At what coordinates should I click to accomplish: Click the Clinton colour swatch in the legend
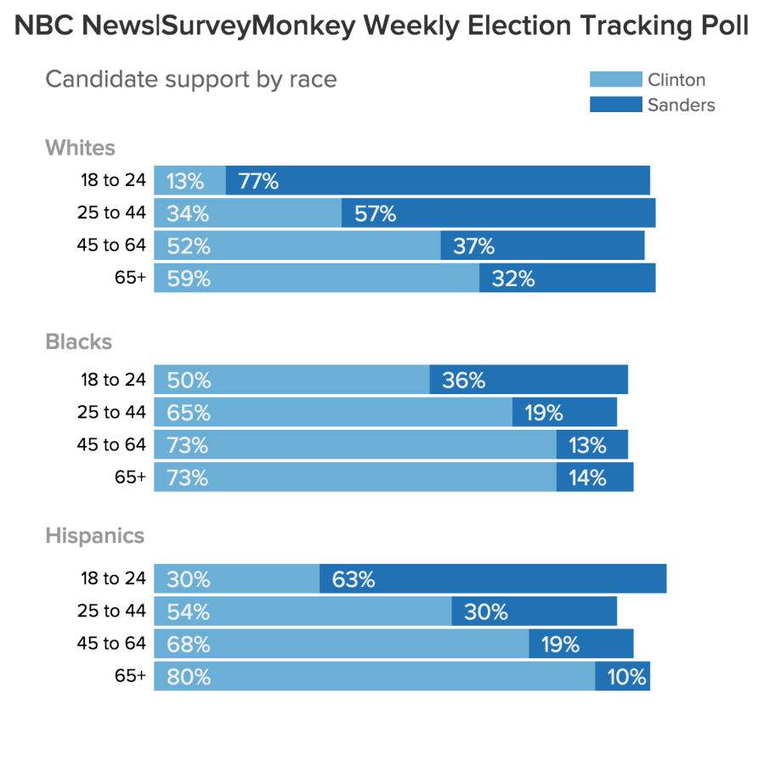coord(615,80)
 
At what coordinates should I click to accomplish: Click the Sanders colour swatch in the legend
coord(615,105)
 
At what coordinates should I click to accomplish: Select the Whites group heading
coord(80,148)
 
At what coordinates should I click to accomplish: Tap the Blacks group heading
coord(78,341)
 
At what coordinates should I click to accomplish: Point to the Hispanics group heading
coord(94,536)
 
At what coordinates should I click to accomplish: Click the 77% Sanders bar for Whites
coord(438,181)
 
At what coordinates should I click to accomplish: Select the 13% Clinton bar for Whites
coord(190,181)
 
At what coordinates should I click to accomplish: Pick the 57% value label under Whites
coord(376,213)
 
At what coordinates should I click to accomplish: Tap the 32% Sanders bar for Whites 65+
coord(567,278)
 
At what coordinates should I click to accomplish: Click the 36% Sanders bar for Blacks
coord(529,380)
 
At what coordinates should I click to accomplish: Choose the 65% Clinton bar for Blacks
coord(332,413)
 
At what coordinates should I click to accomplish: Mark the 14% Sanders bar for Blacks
coord(595,477)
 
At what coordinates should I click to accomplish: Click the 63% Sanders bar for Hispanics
coord(493,579)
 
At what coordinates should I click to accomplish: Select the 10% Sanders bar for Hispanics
coord(622,677)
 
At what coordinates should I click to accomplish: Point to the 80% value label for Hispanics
coord(189,677)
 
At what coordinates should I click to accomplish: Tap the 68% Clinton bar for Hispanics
coord(341,644)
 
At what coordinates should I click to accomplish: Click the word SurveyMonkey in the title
coord(258,26)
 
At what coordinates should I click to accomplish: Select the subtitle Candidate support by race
coord(190,79)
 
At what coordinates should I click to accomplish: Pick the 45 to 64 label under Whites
coord(111,245)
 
